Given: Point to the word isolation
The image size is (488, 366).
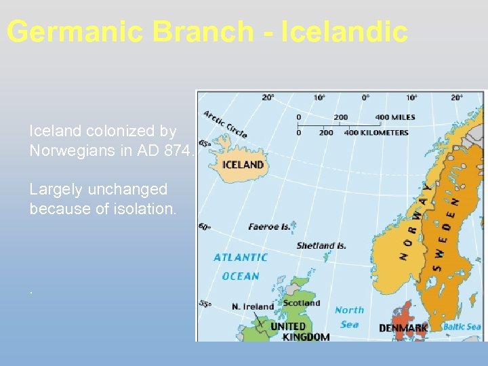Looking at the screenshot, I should tap(143, 209).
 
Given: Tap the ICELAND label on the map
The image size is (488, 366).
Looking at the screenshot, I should tap(243, 165).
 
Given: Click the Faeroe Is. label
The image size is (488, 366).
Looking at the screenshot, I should tap(268, 226).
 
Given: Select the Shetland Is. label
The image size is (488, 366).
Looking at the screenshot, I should tap(321, 245).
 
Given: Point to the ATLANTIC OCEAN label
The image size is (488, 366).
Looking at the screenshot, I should tap(241, 266).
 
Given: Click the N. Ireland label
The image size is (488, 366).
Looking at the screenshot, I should tap(252, 306).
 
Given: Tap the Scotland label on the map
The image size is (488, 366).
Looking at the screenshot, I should tap(301, 303).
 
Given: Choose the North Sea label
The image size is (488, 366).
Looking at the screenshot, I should tap(349, 317).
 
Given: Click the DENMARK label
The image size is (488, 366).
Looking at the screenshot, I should tap(403, 328).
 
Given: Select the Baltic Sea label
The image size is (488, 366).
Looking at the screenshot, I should tap(462, 327).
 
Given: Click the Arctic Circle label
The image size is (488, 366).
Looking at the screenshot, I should tap(225, 123).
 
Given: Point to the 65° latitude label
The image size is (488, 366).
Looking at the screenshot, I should tap(203, 143).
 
